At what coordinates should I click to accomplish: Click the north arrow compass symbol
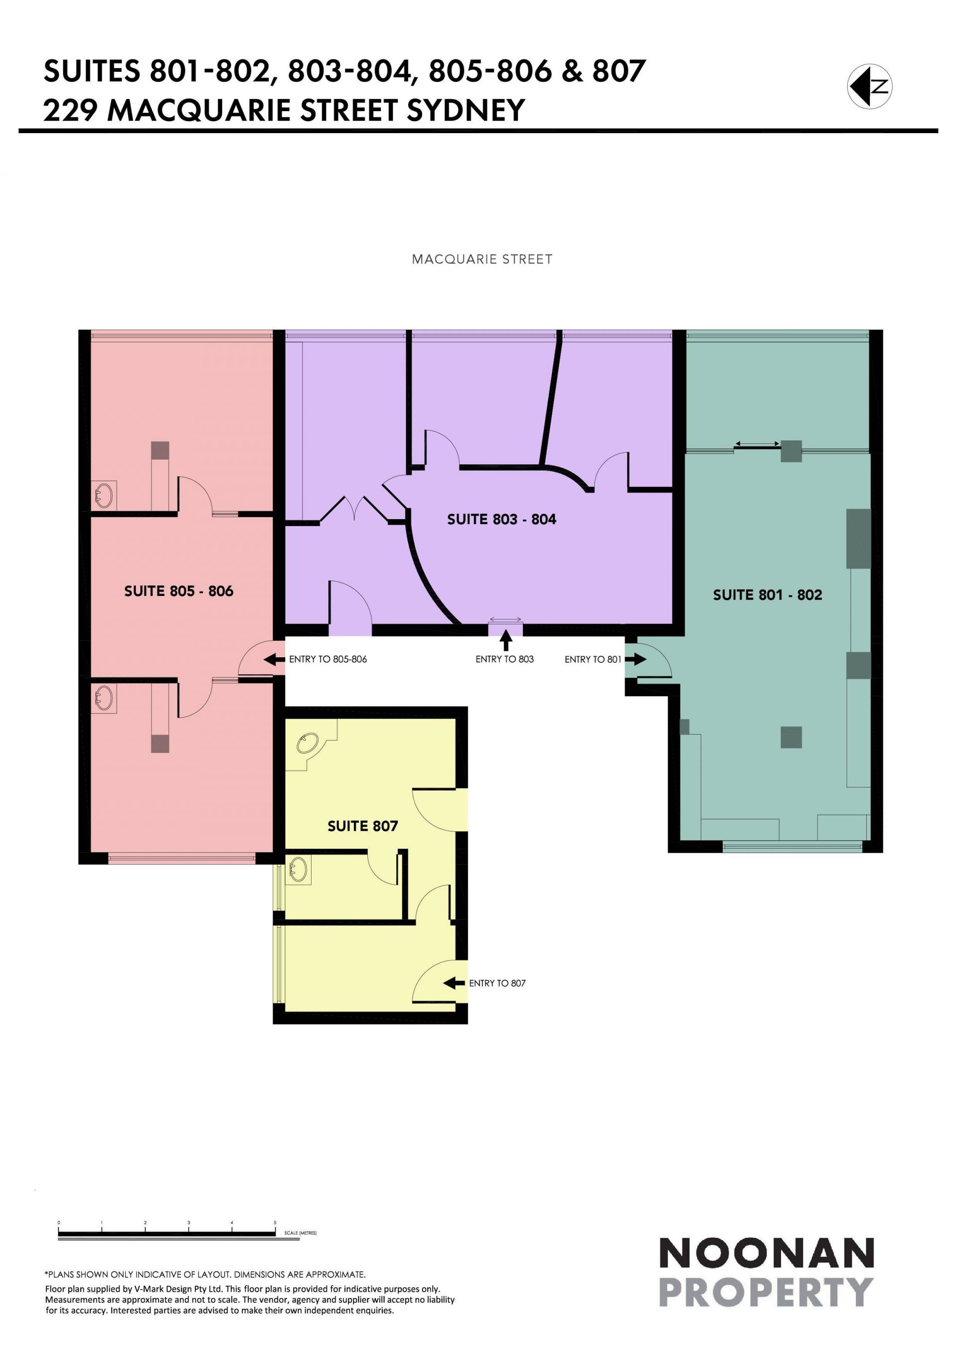(x=870, y=86)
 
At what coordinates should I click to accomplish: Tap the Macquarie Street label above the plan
(x=482, y=259)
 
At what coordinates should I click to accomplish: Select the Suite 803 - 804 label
(x=501, y=520)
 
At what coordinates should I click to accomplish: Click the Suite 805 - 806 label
(x=178, y=591)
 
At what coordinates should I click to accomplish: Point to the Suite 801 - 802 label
(x=767, y=595)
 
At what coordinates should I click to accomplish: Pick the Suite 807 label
(x=362, y=826)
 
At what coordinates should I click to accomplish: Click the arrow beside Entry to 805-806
(x=274, y=659)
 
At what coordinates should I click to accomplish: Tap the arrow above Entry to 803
(x=505, y=640)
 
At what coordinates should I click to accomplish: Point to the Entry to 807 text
(x=497, y=983)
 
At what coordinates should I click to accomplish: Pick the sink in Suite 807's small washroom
(x=298, y=869)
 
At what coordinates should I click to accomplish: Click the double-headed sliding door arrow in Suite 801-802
(x=757, y=443)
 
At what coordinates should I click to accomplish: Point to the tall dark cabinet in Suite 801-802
(x=859, y=539)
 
